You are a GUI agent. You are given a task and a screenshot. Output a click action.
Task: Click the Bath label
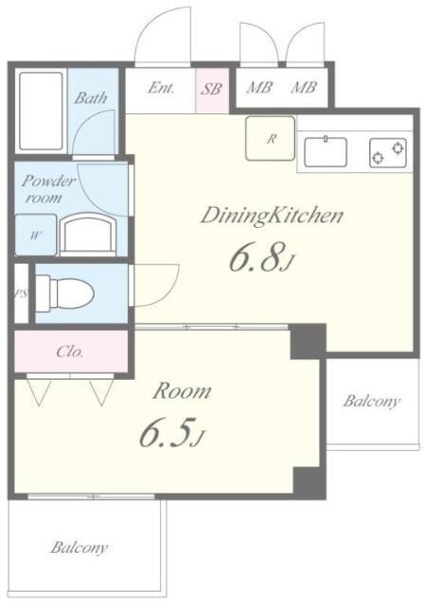91,97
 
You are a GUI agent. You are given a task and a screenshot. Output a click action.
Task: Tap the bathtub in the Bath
41,112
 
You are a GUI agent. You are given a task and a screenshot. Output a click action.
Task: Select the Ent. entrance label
161,88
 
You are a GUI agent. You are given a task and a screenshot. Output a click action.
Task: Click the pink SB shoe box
212,90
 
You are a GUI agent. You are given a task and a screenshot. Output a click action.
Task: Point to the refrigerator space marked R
271,138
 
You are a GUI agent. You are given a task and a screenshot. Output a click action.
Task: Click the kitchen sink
326,151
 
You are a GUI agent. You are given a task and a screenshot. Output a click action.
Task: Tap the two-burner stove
388,153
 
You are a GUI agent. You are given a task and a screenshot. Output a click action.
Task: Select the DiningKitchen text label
272,216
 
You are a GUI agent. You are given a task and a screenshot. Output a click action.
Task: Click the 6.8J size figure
261,257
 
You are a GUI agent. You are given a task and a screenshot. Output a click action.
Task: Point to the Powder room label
47,189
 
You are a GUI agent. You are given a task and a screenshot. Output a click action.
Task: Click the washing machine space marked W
36,235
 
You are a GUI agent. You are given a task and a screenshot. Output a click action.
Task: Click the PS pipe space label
21,294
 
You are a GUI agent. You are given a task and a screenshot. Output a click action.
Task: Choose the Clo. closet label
70,352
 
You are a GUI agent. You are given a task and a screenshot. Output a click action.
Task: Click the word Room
182,391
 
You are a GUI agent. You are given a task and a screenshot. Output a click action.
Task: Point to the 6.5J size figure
170,433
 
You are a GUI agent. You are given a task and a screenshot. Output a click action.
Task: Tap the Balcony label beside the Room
371,401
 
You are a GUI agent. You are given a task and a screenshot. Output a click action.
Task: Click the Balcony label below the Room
80,547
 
